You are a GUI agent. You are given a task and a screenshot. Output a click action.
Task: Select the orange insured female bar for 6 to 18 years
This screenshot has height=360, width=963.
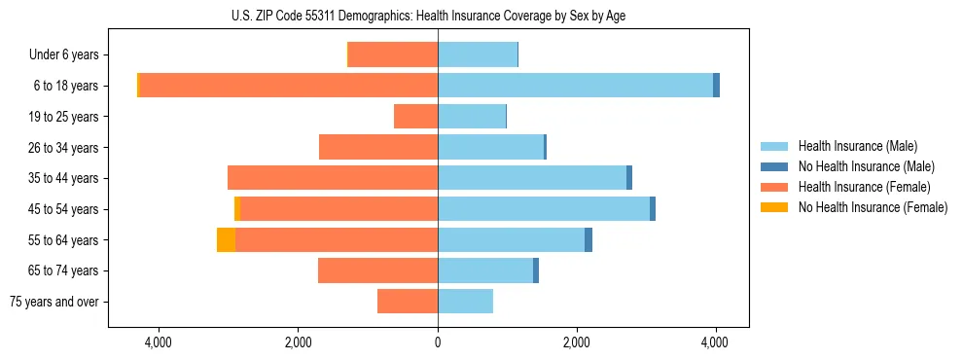(x=288, y=86)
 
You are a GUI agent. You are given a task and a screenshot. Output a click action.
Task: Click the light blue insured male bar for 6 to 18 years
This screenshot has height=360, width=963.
(x=575, y=86)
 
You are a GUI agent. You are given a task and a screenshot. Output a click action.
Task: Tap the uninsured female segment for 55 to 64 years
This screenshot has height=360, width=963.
(x=226, y=239)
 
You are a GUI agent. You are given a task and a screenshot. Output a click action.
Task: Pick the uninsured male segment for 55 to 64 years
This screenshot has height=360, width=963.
(x=588, y=239)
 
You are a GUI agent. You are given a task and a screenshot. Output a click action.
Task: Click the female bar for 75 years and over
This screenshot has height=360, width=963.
(x=408, y=302)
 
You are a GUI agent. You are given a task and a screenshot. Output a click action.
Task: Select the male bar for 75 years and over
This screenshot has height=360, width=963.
(x=465, y=302)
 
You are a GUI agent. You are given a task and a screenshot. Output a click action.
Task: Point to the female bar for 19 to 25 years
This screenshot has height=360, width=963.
(x=415, y=117)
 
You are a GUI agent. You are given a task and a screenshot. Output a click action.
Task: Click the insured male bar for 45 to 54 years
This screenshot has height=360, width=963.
(x=544, y=208)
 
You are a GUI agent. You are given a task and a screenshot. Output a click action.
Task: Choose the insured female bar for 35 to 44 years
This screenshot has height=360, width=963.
(x=333, y=178)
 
